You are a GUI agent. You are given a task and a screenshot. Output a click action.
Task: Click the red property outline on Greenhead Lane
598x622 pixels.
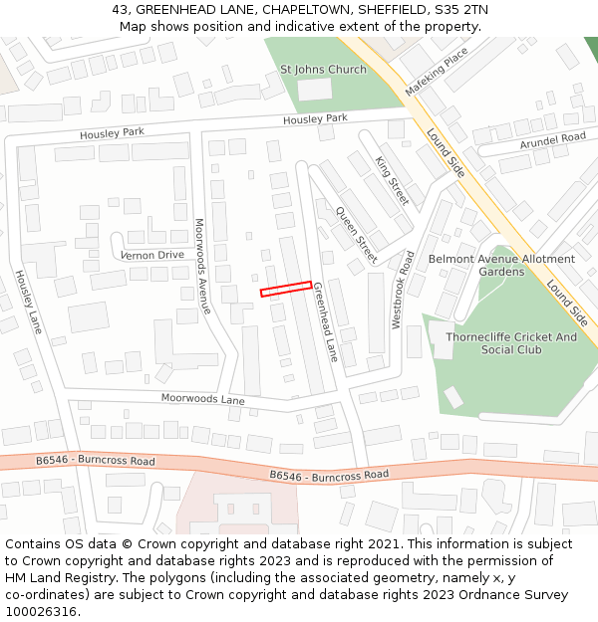(285, 289)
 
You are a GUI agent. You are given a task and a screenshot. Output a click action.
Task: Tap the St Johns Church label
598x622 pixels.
(323, 70)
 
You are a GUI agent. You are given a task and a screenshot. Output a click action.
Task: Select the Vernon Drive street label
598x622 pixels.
(152, 255)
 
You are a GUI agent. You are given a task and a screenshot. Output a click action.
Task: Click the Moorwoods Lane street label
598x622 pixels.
(203, 399)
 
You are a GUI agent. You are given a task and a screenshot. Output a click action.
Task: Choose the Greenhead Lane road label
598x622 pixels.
(326, 321)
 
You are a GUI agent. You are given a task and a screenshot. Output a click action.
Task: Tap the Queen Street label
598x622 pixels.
(357, 235)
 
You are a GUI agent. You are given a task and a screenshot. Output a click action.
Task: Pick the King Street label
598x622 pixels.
(392, 180)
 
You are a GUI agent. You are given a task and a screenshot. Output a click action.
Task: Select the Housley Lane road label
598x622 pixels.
(28, 301)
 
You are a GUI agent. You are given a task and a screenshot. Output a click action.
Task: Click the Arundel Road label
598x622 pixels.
(552, 141)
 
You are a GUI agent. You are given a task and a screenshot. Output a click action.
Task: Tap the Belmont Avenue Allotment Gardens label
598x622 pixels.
(501, 265)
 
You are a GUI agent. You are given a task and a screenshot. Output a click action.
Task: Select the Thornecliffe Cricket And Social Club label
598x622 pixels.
(511, 343)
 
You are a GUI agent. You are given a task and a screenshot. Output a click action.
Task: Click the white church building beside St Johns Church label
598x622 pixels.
(315, 90)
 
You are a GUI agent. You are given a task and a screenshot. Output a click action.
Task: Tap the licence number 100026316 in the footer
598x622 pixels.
(40, 611)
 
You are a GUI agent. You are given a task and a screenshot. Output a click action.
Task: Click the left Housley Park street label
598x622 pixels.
(113, 132)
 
